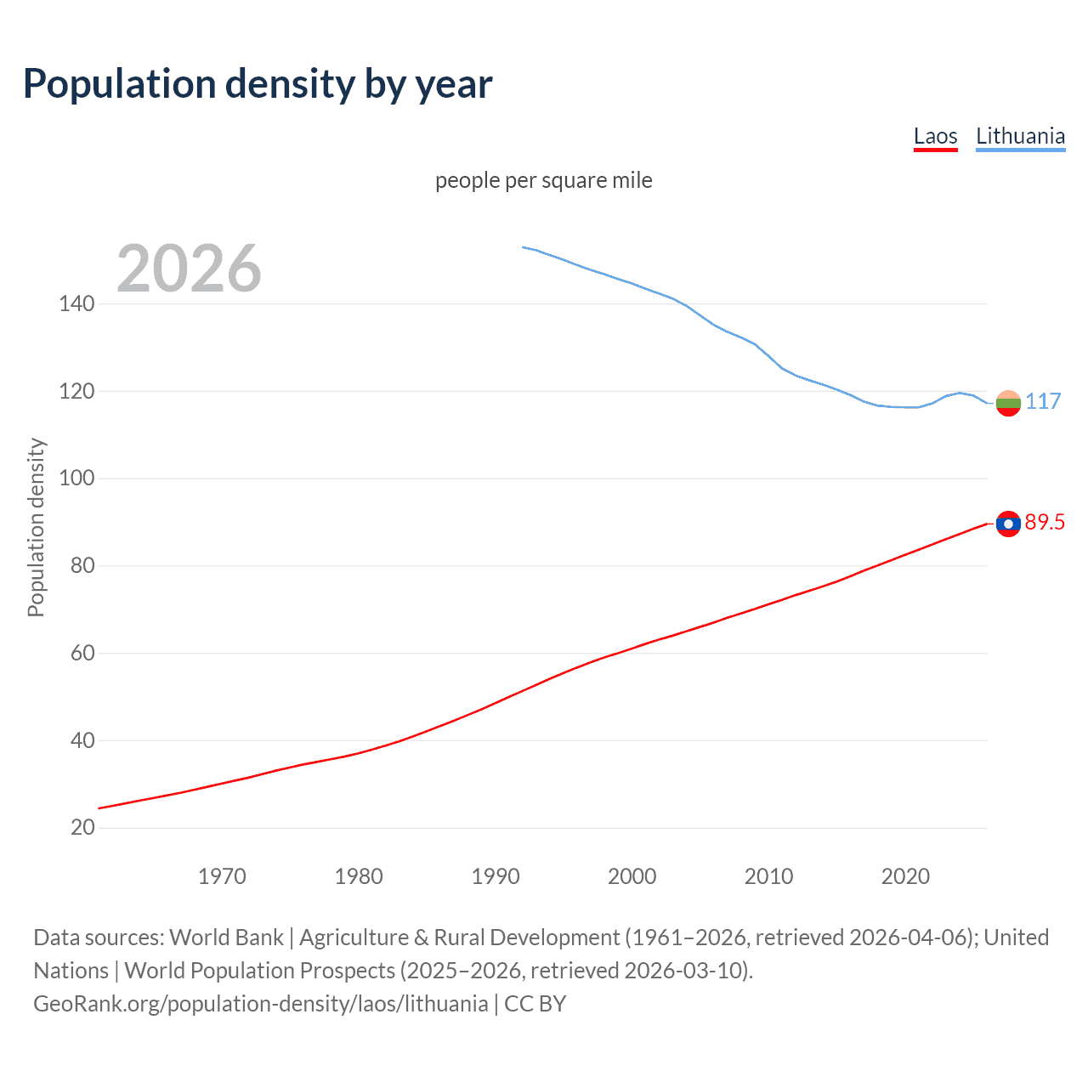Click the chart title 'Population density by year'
point(258,84)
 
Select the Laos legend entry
point(935,136)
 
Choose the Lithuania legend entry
point(1020,136)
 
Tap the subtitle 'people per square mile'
point(543,180)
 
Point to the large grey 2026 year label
point(189,269)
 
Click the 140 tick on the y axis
point(76,303)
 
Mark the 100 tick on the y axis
point(76,478)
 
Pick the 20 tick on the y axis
point(82,827)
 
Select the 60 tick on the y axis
point(82,653)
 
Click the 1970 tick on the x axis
point(222,876)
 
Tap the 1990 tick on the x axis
point(496,876)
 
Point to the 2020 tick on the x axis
point(905,876)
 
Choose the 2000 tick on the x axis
point(632,876)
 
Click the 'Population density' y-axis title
point(36,527)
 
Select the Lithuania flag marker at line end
point(1008,403)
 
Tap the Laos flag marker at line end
point(1008,524)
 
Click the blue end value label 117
point(1043,401)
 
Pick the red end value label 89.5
point(1045,523)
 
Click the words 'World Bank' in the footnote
point(226,938)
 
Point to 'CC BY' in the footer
point(535,1004)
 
